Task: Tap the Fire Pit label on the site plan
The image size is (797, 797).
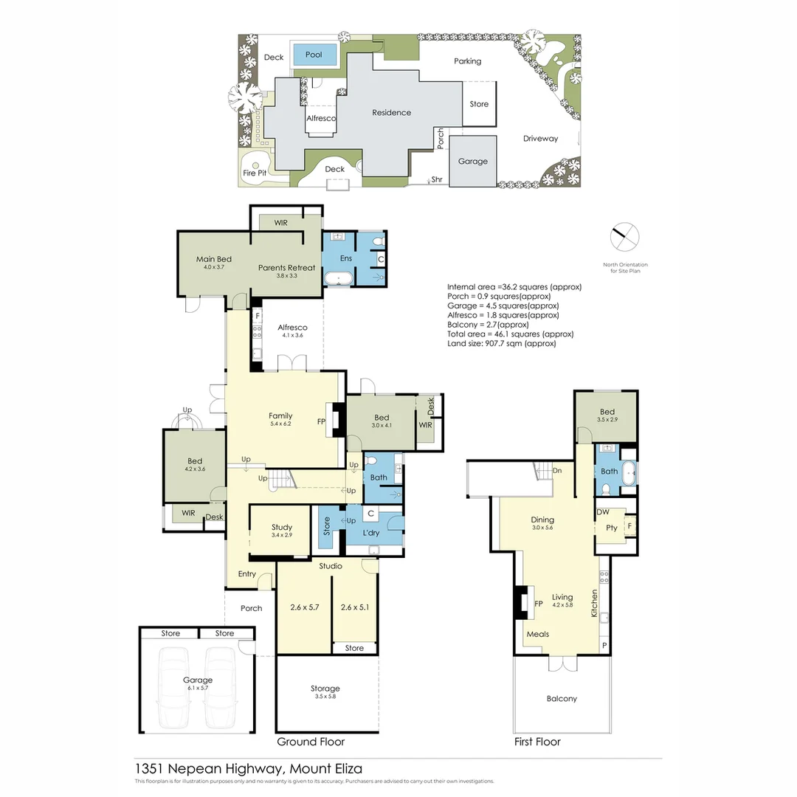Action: coord(255,173)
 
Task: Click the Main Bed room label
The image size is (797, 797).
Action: coord(214,260)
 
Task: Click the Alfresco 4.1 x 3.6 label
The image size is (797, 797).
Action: coord(293,328)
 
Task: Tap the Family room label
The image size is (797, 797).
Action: coord(280,416)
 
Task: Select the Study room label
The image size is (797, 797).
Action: coord(282,527)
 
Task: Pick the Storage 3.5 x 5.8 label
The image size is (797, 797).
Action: coord(325,689)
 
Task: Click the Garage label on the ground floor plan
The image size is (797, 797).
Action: coord(197,680)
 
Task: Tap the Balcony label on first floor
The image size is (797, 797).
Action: coord(562,698)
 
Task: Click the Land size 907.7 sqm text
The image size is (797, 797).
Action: coord(501,343)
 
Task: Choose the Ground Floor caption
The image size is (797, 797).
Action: coord(310,742)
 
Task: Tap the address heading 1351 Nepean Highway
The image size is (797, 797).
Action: coord(248,768)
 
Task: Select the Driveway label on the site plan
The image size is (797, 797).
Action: coord(540,138)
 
